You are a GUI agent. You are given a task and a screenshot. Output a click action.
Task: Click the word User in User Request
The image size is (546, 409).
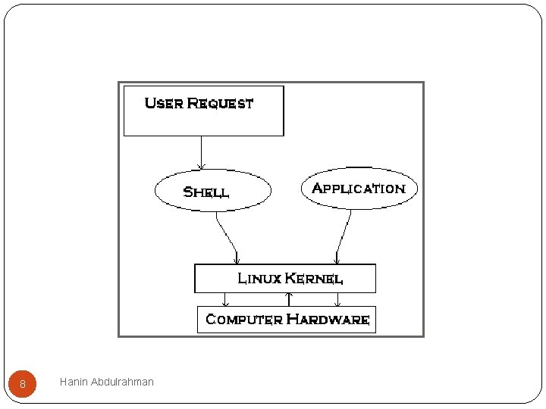click(x=163, y=103)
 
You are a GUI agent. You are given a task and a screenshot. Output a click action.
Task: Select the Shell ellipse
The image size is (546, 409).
click(x=212, y=191)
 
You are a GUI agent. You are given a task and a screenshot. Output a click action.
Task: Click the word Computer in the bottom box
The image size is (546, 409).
click(x=243, y=319)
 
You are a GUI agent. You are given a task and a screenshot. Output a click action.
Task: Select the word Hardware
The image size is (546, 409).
click(x=328, y=319)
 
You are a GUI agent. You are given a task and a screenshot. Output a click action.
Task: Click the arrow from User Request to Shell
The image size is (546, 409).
click(x=201, y=152)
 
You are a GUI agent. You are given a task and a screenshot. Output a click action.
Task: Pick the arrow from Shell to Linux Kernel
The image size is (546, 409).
click(x=226, y=236)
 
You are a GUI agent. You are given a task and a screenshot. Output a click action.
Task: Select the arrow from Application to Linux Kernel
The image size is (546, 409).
click(x=344, y=236)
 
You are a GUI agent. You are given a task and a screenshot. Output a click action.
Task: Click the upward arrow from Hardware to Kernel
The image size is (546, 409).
click(x=289, y=299)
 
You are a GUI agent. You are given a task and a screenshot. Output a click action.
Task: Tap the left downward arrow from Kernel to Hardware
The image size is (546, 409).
click(x=225, y=299)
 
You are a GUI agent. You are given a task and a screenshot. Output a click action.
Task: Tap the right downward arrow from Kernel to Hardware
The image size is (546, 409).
click(x=337, y=299)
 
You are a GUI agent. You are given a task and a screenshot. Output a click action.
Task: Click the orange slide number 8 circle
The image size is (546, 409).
click(x=23, y=384)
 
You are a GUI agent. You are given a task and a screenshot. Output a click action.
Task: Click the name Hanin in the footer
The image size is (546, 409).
click(x=74, y=382)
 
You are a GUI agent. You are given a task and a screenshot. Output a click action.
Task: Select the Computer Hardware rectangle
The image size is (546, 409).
click(x=286, y=328)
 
